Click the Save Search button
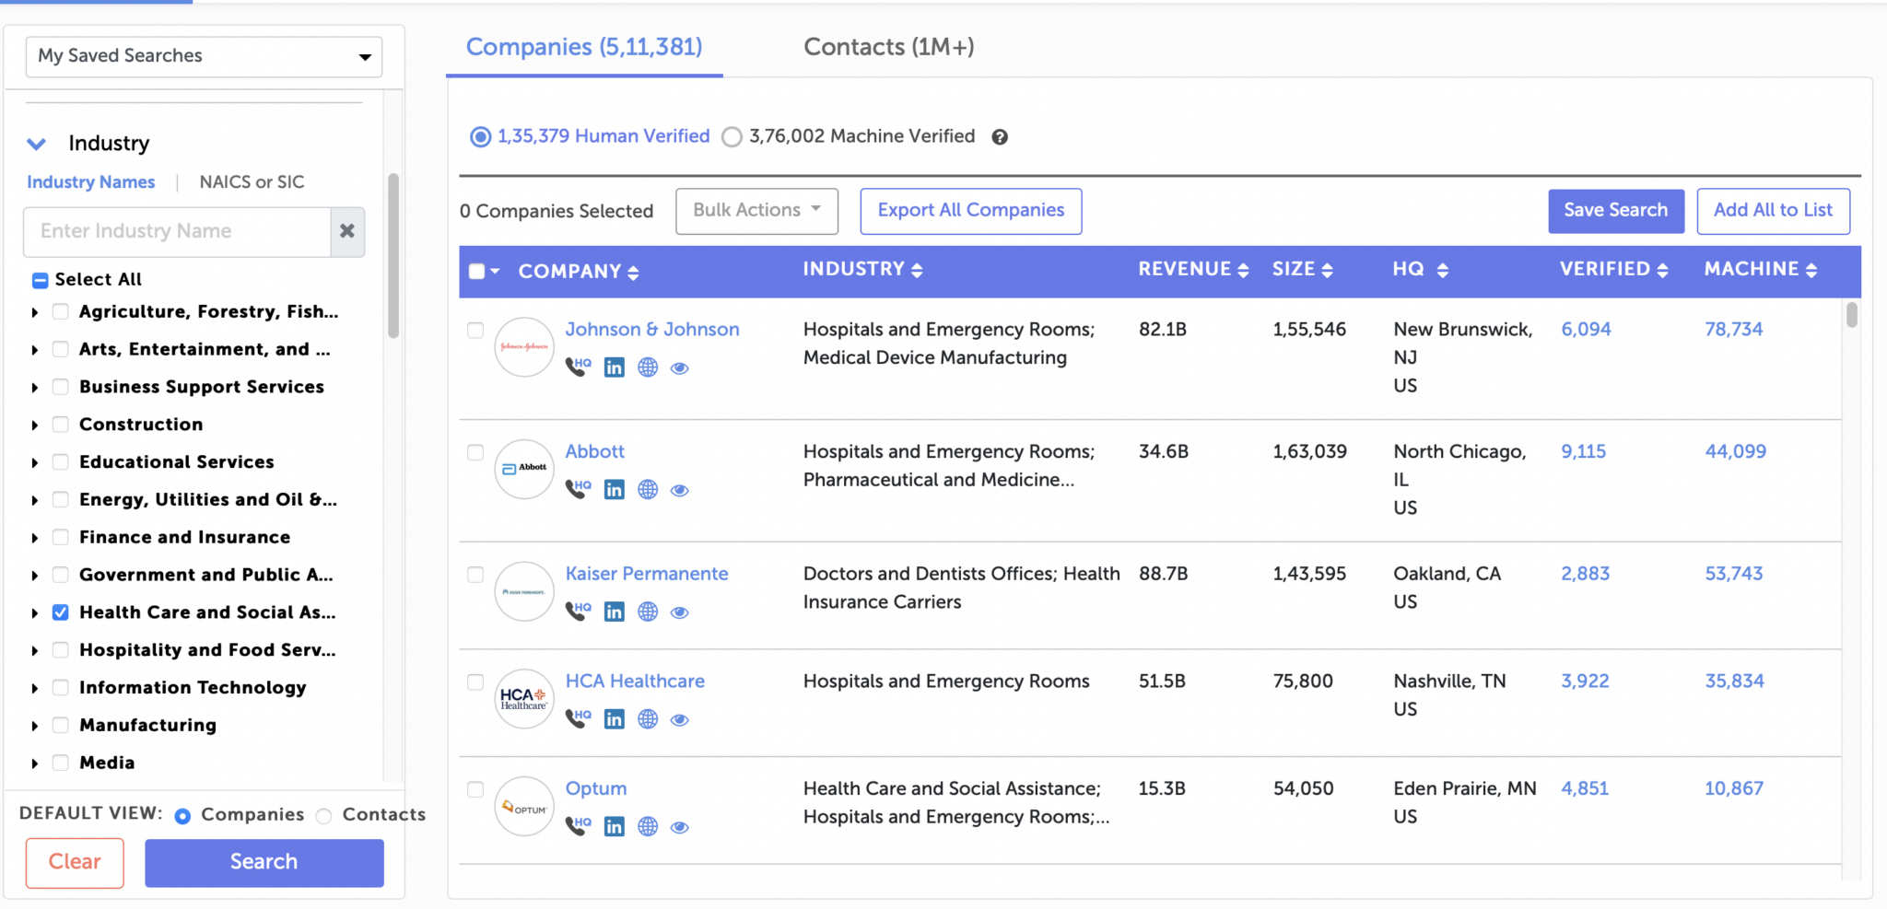(x=1615, y=211)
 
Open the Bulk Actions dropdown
(x=756, y=211)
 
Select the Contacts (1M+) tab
(x=888, y=47)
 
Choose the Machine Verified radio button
(x=732, y=137)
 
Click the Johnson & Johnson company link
(x=651, y=330)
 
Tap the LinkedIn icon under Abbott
(x=614, y=490)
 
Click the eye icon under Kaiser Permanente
(x=679, y=612)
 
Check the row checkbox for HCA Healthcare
(x=475, y=682)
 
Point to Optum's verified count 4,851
(x=1584, y=789)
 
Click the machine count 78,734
(x=1733, y=330)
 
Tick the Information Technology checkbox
(x=61, y=688)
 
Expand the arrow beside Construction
(x=35, y=425)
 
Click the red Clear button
(x=75, y=862)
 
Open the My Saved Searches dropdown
(x=204, y=56)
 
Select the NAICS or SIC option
(x=252, y=182)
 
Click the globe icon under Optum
(x=648, y=827)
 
